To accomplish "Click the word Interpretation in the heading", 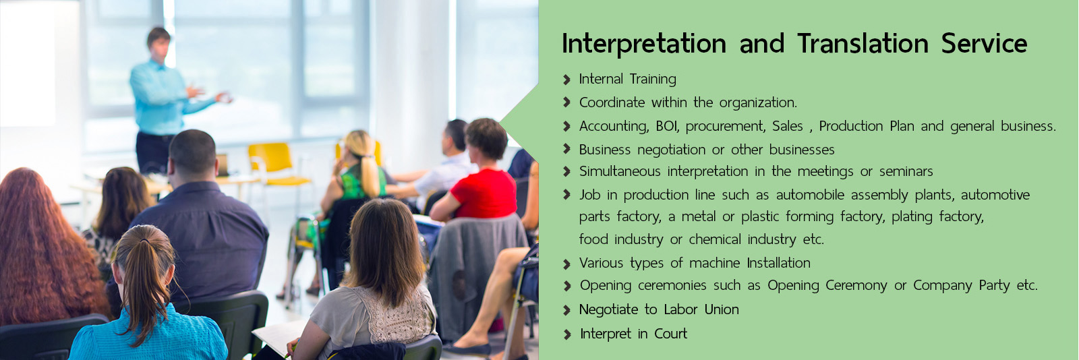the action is pyautogui.click(x=644, y=44).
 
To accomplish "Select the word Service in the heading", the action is pyautogui.click(x=984, y=43).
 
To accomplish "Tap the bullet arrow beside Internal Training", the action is pyautogui.click(x=567, y=80).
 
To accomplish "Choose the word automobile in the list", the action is pyautogui.click(x=810, y=195).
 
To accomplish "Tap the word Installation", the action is pyautogui.click(x=778, y=263).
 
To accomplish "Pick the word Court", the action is pyautogui.click(x=670, y=334).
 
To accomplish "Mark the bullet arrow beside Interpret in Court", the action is pyautogui.click(x=567, y=334).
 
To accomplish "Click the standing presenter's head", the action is pyautogui.click(x=159, y=43).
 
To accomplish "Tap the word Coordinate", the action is pyautogui.click(x=612, y=102).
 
